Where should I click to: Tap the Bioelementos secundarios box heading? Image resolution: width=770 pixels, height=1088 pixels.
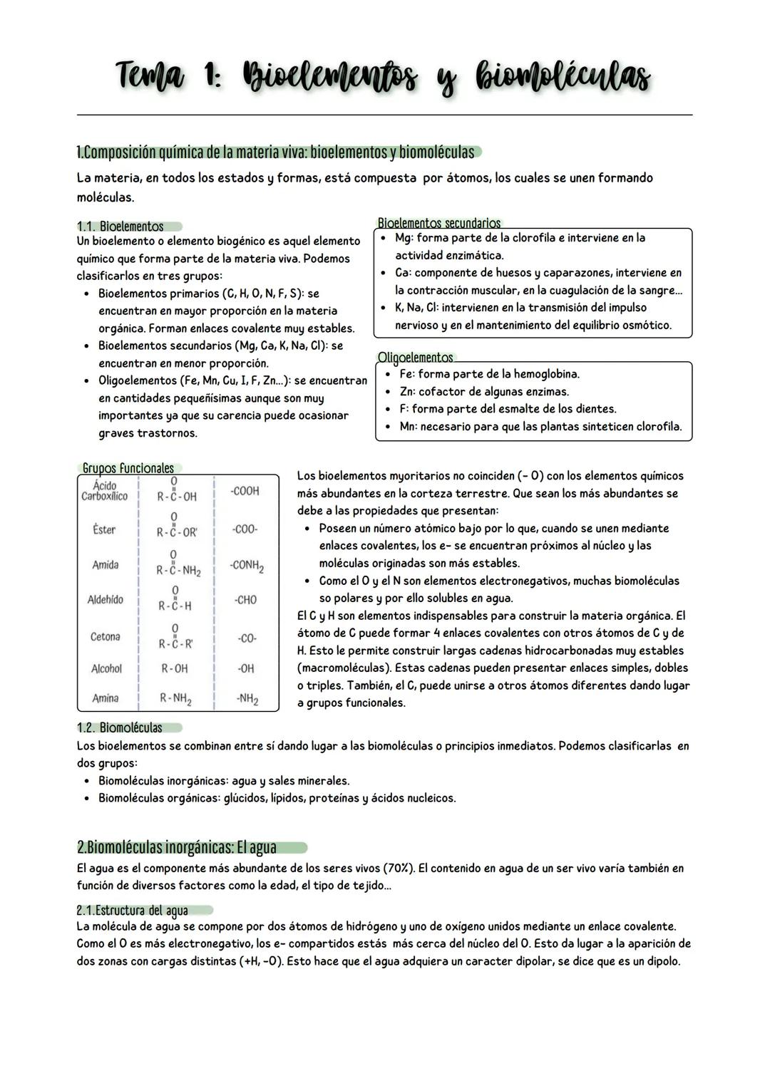tap(438, 223)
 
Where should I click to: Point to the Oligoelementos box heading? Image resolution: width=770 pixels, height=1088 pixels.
tap(415, 357)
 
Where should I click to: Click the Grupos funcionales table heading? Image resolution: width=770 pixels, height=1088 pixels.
tap(128, 468)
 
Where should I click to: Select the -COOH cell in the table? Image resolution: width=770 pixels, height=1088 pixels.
tap(245, 491)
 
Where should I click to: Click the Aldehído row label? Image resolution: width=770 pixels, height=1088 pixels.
tap(106, 600)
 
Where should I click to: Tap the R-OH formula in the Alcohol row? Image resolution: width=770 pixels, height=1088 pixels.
tap(175, 668)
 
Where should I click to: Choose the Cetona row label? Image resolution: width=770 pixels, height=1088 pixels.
tap(106, 637)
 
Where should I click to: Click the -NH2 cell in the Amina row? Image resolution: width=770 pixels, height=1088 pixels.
tap(247, 699)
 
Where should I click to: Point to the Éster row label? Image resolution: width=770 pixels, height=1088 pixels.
tap(104, 529)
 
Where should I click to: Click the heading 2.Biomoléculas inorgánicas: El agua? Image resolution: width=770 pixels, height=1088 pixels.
tap(177, 847)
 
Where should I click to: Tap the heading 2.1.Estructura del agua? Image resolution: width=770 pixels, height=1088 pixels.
tap(132, 911)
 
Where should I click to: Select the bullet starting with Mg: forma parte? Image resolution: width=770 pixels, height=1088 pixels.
tap(520, 238)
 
